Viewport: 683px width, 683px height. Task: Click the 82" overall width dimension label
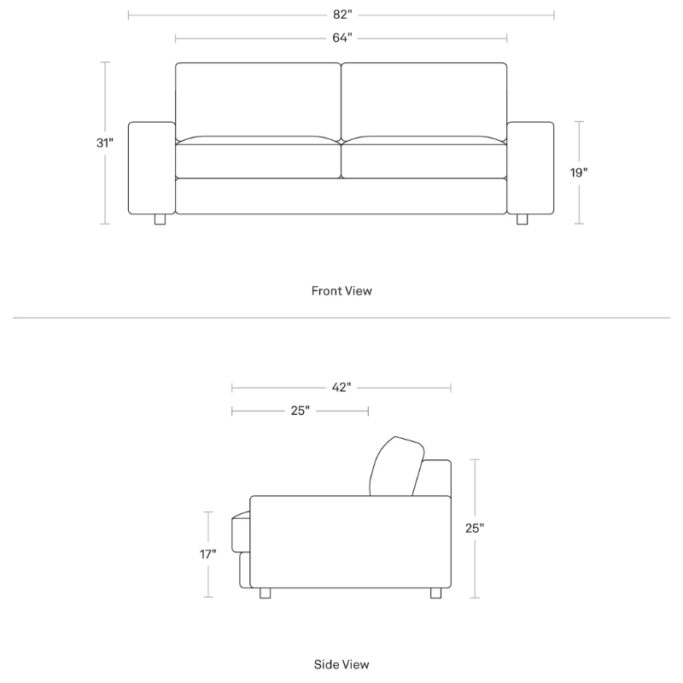pyautogui.click(x=341, y=15)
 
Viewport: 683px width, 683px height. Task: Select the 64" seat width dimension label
pyautogui.click(x=341, y=38)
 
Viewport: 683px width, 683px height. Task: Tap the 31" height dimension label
pyautogui.click(x=105, y=143)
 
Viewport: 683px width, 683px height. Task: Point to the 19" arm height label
pyautogui.click(x=579, y=172)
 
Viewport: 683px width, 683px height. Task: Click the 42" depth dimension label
pyautogui.click(x=341, y=388)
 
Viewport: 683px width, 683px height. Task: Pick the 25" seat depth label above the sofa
pyautogui.click(x=300, y=411)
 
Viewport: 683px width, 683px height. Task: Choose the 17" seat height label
pyautogui.click(x=208, y=554)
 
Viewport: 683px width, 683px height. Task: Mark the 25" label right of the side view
pyautogui.click(x=475, y=528)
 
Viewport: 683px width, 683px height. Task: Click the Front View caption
pyautogui.click(x=341, y=291)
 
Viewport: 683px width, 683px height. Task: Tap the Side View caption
pyautogui.click(x=341, y=663)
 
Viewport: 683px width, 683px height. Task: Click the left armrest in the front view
pyautogui.click(x=151, y=167)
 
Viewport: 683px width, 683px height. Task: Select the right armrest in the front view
pyautogui.click(x=530, y=167)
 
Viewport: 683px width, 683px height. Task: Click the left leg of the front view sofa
pyautogui.click(x=160, y=219)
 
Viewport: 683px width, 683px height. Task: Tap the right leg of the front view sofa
pyautogui.click(x=522, y=219)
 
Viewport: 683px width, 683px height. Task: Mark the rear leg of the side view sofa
pyautogui.click(x=436, y=593)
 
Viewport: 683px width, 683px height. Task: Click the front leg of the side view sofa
pyautogui.click(x=264, y=593)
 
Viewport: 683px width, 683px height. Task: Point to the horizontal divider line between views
pyautogui.click(x=341, y=318)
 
